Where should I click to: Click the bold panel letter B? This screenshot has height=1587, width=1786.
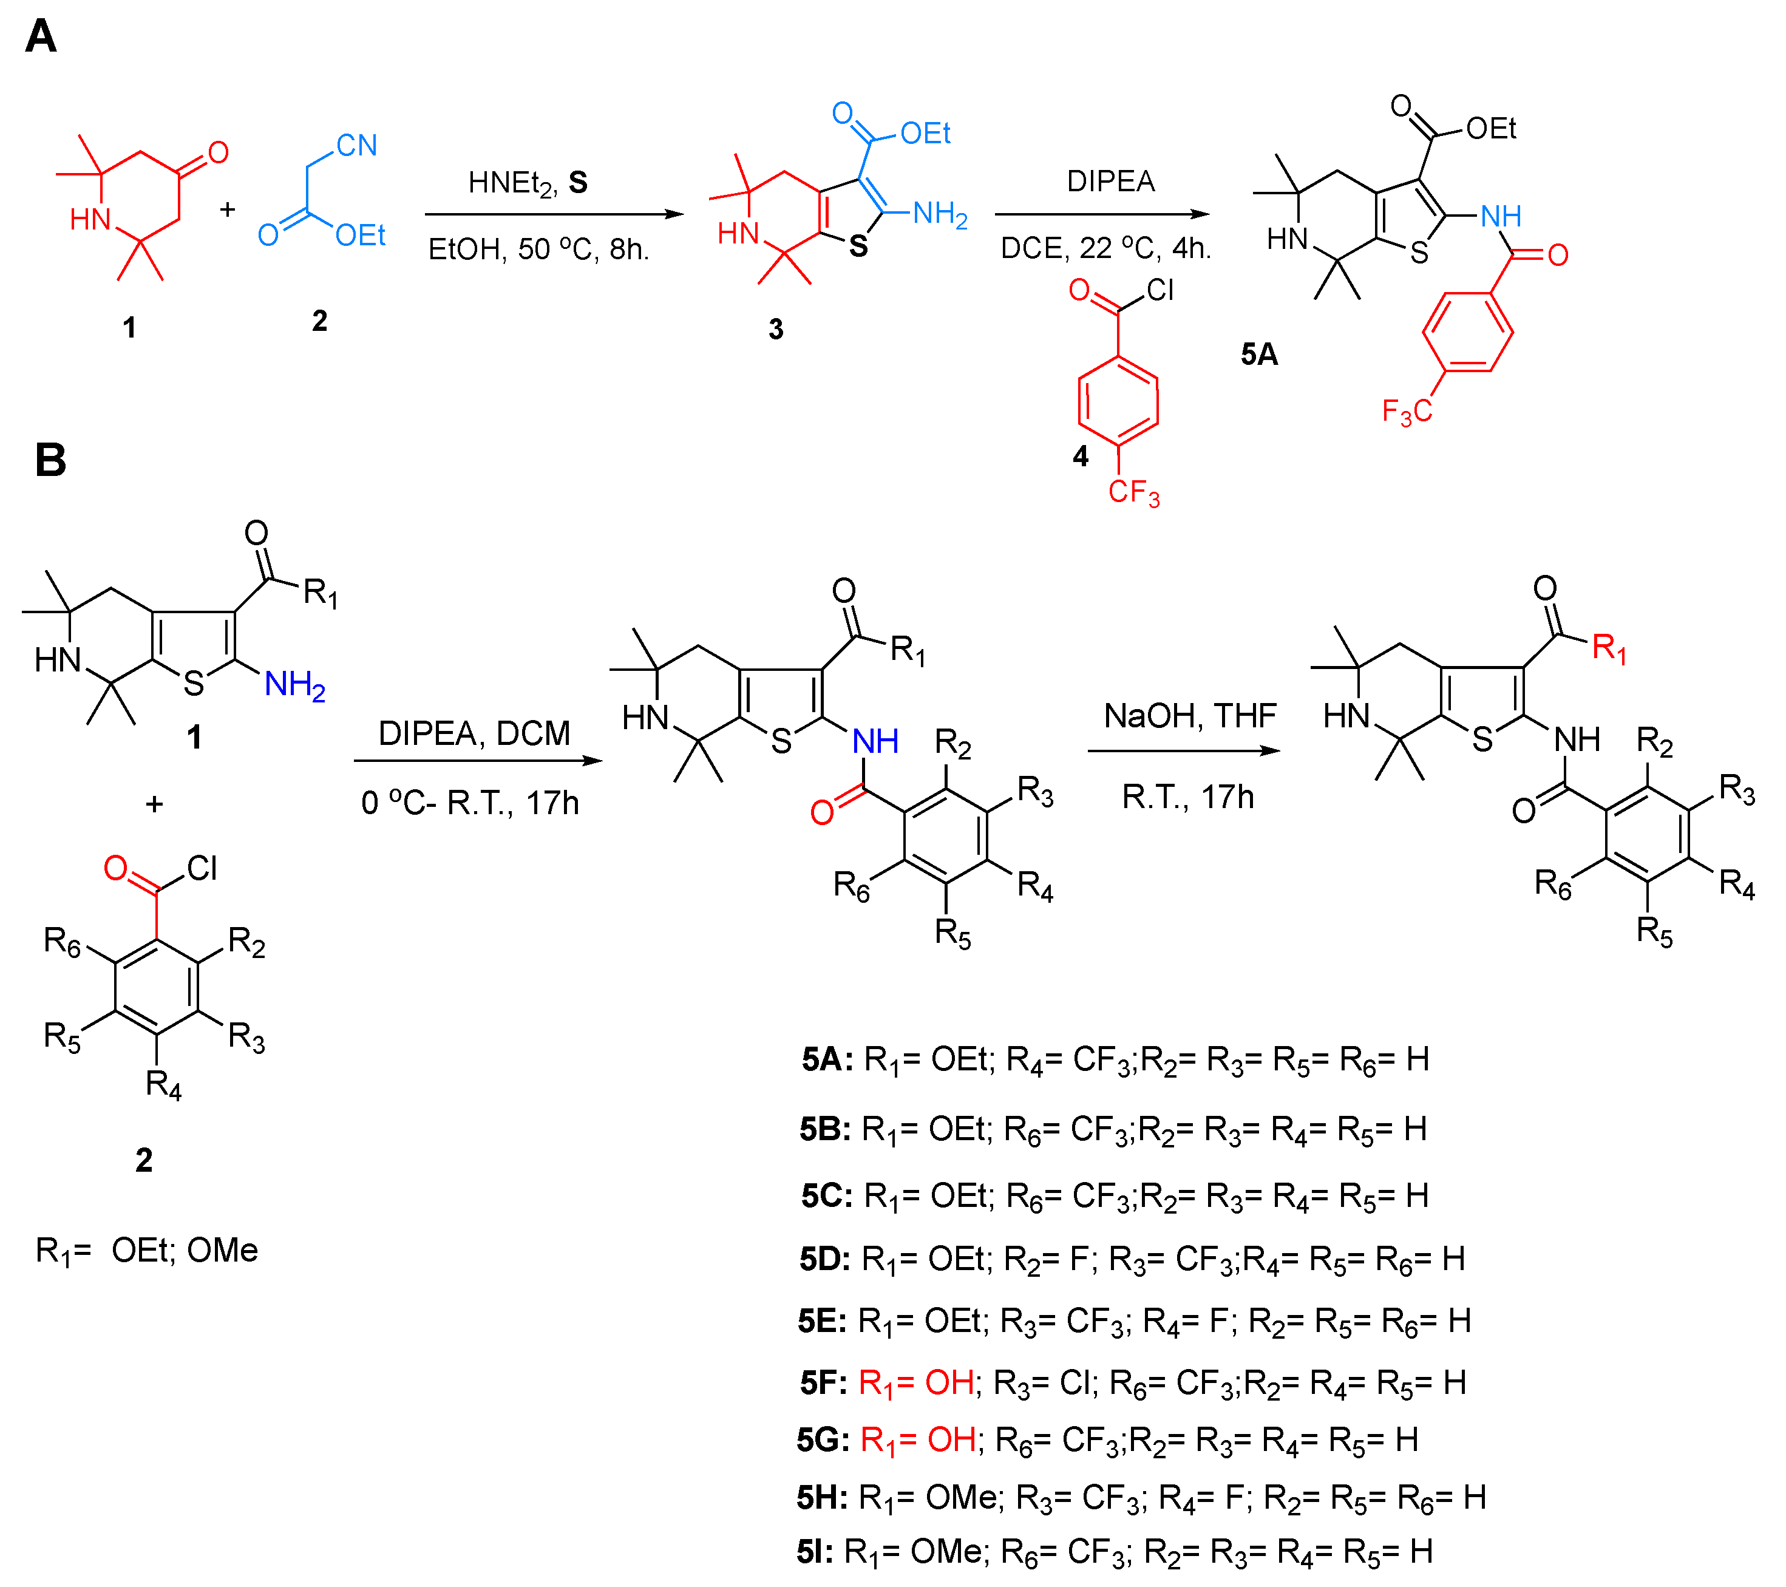coord(50,460)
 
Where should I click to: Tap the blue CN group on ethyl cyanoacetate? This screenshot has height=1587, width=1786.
coord(356,145)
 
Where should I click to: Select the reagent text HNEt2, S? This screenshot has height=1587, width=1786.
coord(528,183)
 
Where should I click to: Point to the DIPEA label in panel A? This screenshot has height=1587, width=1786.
coord(1110,182)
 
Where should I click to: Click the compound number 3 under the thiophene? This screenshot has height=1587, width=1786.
coord(776,330)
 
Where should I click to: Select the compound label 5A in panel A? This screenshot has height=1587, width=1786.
coord(1259,355)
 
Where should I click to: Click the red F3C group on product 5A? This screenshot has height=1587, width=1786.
coord(1407,411)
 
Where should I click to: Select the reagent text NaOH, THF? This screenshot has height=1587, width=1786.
coord(1190,716)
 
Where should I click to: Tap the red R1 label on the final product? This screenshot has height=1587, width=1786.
coord(1609,648)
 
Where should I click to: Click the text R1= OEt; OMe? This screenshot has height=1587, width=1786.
coord(147,1251)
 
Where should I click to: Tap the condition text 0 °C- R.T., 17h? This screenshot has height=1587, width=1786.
coord(470,802)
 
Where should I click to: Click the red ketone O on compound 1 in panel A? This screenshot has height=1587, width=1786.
coord(217,153)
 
